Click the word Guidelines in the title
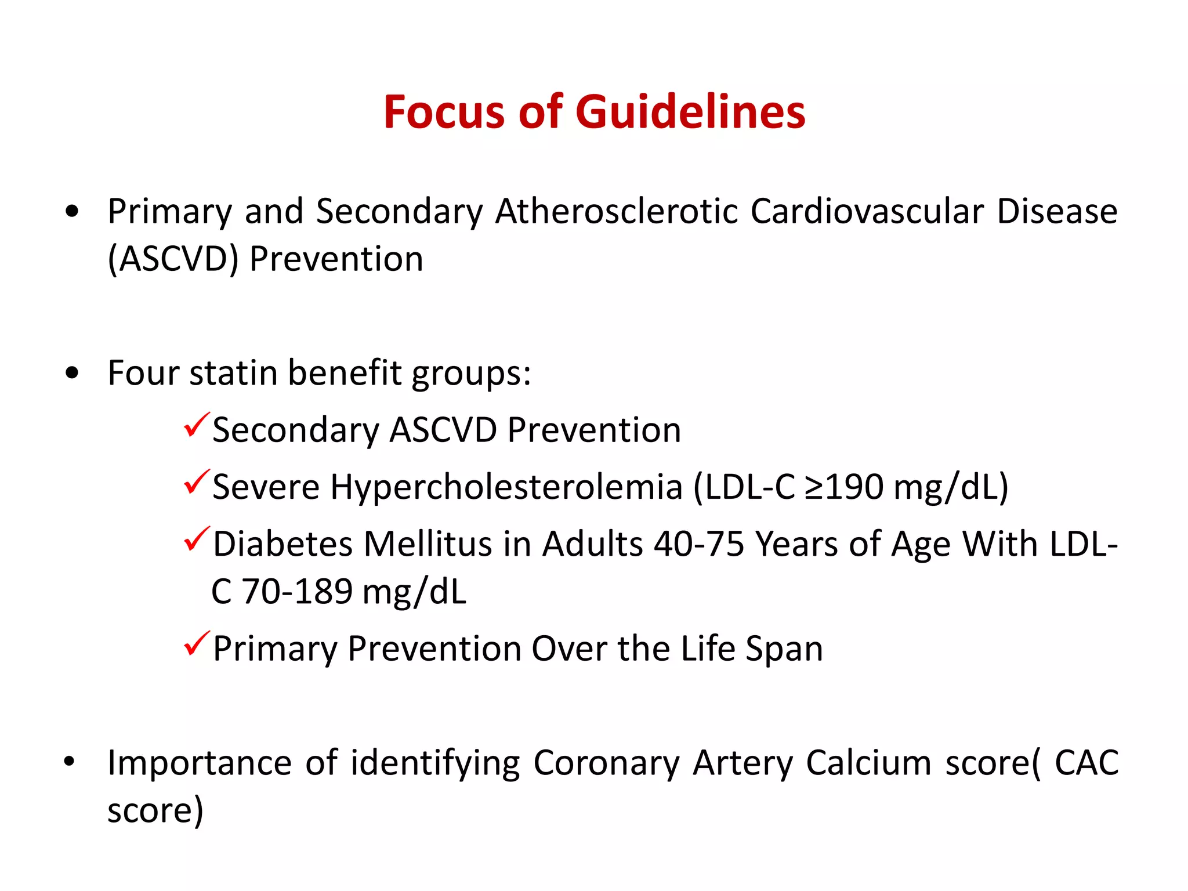690,112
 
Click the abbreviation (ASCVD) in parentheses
173,259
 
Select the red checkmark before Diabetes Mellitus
196,539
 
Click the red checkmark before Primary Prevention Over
196,644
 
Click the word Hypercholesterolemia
506,487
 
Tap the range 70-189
296,592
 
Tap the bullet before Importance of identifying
70,761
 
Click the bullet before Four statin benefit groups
72,372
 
